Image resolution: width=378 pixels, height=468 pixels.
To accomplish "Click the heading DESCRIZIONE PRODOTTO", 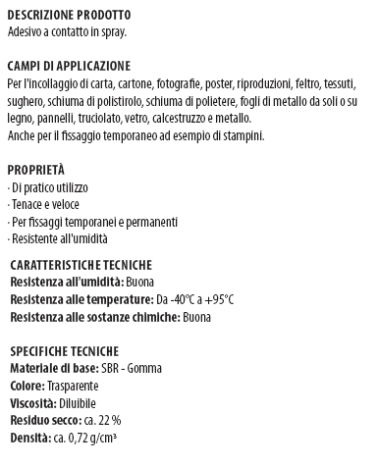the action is click(x=68, y=17).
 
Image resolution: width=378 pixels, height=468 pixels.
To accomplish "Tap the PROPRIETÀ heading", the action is click(x=35, y=169).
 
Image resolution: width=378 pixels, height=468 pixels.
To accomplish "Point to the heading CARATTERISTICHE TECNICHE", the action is click(x=81, y=265).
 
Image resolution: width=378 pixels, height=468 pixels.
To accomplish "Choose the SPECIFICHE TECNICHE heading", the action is click(x=65, y=350).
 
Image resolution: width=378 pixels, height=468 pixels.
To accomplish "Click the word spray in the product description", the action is click(x=112, y=32).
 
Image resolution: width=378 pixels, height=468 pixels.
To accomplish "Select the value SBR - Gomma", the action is click(x=133, y=368).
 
